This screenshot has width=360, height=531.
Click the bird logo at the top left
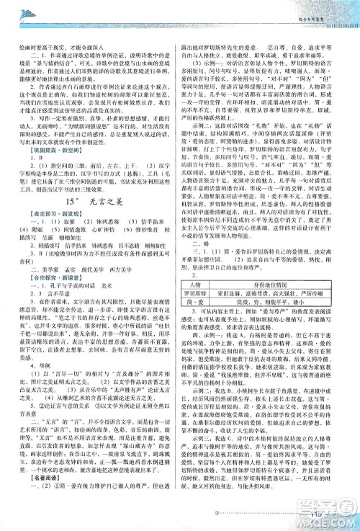(22, 9)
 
